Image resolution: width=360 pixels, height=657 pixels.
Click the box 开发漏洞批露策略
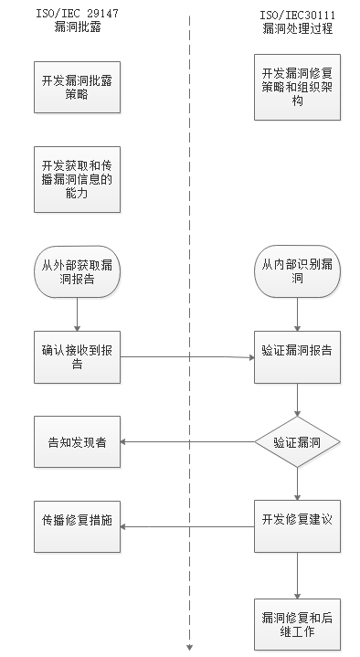pos(78,87)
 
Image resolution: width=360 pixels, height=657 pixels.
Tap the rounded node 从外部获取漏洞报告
pos(78,272)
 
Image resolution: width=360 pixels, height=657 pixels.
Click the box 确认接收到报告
pos(78,357)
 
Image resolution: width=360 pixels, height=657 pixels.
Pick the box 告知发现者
pos(78,442)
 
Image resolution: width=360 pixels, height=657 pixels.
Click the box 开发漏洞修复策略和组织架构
pos(298,87)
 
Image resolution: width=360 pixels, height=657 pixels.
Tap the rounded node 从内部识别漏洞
pos(298,272)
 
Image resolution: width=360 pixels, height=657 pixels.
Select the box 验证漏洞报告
pos(298,357)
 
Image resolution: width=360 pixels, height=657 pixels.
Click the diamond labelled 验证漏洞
pos(298,442)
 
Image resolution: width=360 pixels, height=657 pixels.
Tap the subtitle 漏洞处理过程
pos(296,29)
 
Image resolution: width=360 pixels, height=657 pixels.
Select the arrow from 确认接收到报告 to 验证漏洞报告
pos(187,357)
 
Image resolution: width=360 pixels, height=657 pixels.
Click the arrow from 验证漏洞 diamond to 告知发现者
pos(187,442)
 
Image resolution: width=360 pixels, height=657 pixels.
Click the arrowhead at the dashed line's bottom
pos(190,648)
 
